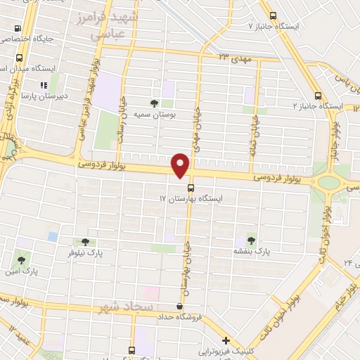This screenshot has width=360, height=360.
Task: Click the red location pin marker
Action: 181,166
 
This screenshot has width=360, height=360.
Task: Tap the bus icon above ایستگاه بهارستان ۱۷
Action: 191,187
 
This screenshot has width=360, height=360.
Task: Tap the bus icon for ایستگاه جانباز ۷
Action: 271,14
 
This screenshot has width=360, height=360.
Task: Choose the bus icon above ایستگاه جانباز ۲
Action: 318,96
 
